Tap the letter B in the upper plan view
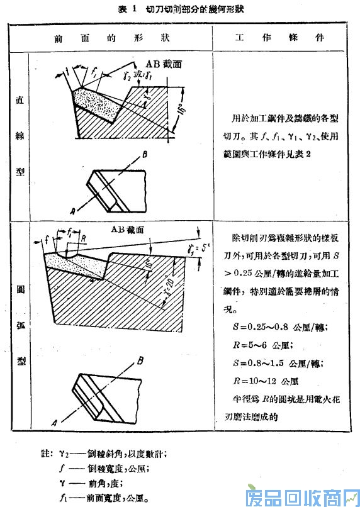tap(145, 155)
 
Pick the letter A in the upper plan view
tap(75, 210)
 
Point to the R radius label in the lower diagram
tap(82, 240)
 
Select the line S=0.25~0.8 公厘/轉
tap(275, 328)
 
